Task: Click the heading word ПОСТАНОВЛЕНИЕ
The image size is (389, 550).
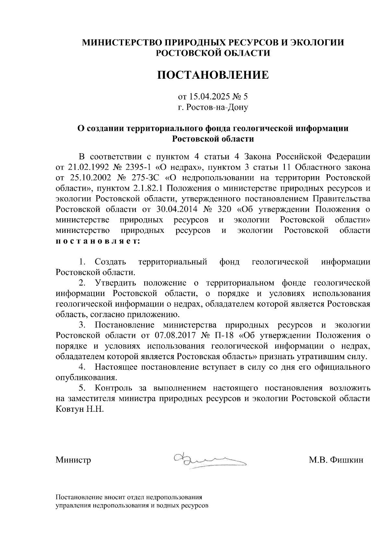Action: click(213, 75)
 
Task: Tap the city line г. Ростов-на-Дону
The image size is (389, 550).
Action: click(213, 107)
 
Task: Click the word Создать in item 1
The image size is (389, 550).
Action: click(110, 262)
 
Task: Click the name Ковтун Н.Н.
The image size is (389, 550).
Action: click(80, 409)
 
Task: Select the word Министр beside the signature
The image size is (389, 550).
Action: click(73, 460)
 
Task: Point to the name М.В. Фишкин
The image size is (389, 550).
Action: click(336, 460)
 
